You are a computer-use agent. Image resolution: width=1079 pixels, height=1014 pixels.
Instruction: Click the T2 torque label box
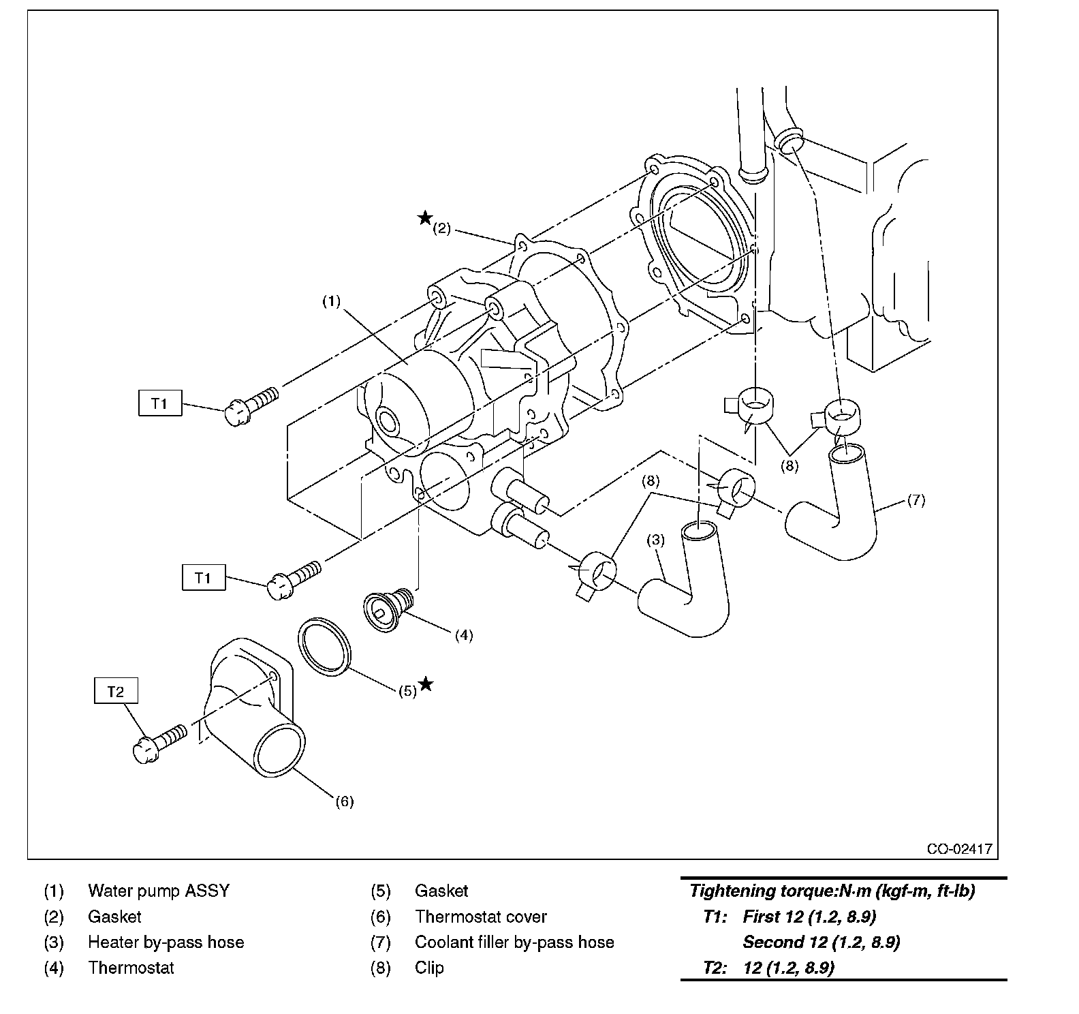coord(116,692)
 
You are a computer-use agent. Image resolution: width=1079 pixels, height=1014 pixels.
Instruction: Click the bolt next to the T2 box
coord(159,742)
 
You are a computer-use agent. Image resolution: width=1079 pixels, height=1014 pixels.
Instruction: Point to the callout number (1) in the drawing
coord(331,301)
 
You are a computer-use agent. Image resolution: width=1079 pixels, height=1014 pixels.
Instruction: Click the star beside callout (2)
coord(425,218)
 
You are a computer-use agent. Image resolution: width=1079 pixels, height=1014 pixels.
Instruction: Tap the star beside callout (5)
coord(426,683)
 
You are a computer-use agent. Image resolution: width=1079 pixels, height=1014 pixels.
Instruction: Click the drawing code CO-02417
coord(959,849)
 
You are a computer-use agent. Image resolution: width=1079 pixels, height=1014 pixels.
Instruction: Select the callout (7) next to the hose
coord(916,500)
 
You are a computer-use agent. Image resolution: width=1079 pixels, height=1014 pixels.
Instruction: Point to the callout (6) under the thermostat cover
coord(345,801)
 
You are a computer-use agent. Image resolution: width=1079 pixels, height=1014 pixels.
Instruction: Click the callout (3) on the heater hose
coord(655,540)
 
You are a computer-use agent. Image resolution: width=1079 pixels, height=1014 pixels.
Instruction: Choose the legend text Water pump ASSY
coord(159,891)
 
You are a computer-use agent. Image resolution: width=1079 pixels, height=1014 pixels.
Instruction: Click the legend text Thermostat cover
coord(481,917)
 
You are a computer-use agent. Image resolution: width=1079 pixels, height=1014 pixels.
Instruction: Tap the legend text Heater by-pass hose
coord(166,942)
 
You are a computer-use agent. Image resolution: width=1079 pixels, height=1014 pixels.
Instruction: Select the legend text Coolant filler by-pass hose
coord(514,942)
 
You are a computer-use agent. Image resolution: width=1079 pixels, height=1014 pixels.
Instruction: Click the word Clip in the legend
coord(429,968)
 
